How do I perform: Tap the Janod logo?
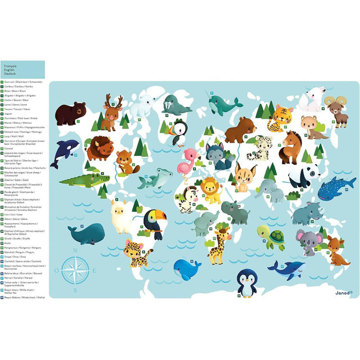point(344,292)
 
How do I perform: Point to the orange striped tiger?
point(280,118)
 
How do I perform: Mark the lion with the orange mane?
point(211,190)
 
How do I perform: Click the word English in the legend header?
point(10,69)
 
